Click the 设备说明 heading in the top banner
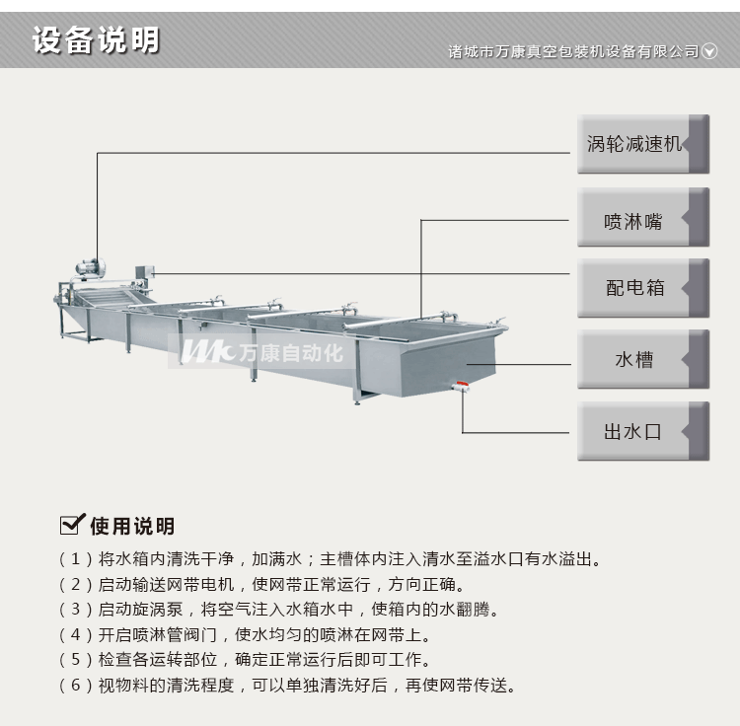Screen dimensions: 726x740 [96, 41]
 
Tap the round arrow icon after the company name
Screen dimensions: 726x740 [709, 51]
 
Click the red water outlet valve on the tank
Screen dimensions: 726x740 [461, 386]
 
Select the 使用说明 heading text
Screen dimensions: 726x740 [131, 525]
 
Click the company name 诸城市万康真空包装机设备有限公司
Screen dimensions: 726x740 [573, 51]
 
